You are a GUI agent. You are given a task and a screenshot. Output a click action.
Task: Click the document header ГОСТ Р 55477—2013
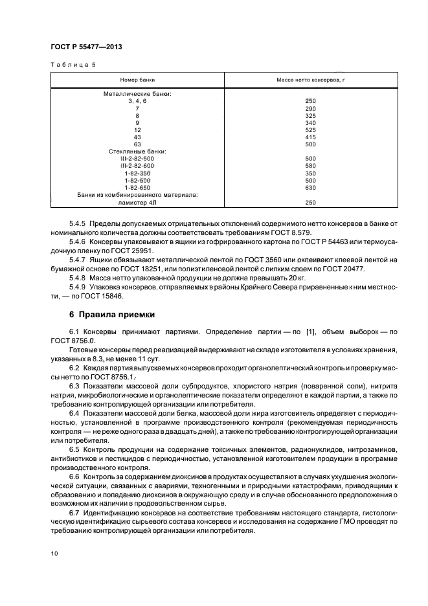pos(86,48)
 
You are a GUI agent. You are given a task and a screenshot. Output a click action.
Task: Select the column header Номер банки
pos(137,79)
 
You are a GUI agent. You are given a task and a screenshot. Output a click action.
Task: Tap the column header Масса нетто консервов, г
pos(310,79)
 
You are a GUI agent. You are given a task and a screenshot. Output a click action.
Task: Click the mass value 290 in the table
pos(310,108)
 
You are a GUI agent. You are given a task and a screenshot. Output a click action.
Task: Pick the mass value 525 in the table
pos(310,129)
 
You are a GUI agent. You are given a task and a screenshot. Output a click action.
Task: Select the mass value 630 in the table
pos(310,187)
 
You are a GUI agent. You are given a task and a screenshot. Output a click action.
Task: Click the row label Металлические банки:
pos(137,94)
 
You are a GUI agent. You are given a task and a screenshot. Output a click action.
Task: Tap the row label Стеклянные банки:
pos(137,151)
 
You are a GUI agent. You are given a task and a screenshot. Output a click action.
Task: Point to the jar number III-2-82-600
pos(137,166)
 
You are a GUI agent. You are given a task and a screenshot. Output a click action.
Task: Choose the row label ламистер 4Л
pos(137,202)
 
